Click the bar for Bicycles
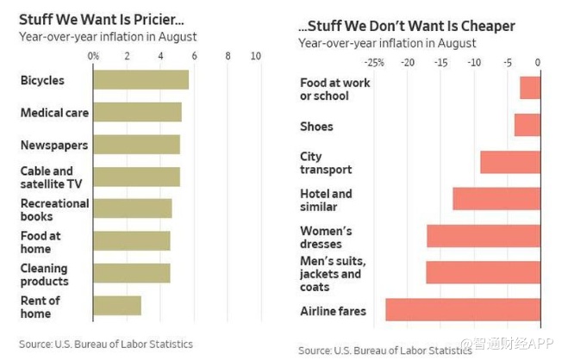140,80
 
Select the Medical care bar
137,112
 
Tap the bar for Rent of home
116,306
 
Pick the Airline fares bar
463,310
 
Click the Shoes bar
528,125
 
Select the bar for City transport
510,162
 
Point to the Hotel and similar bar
496,199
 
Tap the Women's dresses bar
484,236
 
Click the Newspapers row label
54,146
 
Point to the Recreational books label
54,209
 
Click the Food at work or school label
324,90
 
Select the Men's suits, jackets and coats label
333,274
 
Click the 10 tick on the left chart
256,56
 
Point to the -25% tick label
374,62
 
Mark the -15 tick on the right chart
440,62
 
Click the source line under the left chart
106,344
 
